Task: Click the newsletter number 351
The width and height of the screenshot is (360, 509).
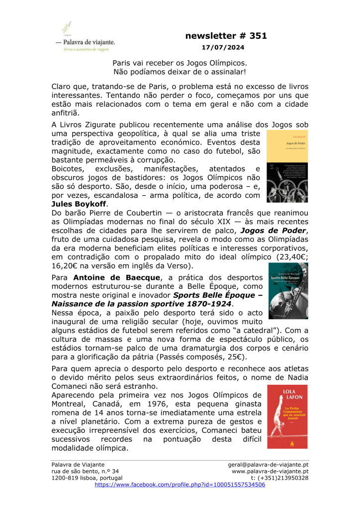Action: [226, 36]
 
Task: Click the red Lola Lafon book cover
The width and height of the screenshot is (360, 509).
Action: [287, 417]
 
